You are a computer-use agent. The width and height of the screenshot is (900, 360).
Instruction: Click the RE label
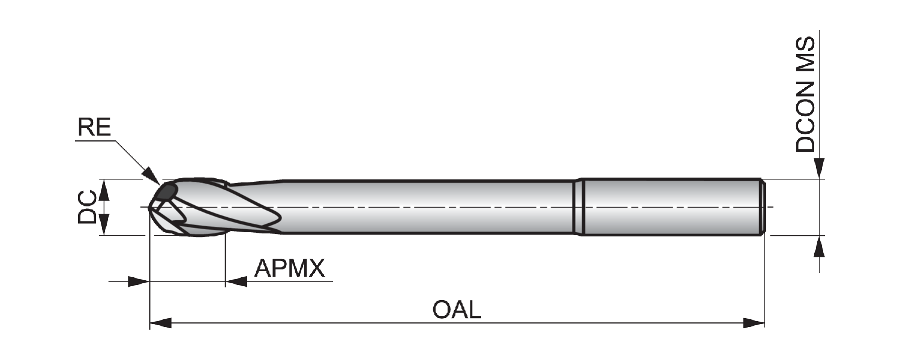coord(94,127)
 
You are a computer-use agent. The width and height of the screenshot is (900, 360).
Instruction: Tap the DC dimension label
coord(87,207)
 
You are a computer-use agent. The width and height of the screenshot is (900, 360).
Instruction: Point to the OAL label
coord(457,310)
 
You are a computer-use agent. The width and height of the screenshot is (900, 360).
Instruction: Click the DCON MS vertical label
coord(805,94)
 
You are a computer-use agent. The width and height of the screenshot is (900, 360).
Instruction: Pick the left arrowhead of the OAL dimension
coord(161,323)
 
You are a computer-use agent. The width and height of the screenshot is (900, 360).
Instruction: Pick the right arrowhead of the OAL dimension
coord(754,323)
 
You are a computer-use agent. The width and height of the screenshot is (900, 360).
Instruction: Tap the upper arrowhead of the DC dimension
coord(104,190)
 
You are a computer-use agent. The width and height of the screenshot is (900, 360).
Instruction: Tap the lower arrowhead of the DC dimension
coord(104,224)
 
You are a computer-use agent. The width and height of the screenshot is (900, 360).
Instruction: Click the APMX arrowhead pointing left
coord(236,281)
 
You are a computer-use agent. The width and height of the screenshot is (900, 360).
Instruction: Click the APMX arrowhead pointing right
coord(139,281)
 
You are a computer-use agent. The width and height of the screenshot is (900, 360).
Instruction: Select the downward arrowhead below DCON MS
coord(819,169)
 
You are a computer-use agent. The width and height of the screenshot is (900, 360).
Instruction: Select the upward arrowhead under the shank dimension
coord(819,246)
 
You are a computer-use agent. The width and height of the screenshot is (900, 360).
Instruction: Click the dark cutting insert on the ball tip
coord(166,192)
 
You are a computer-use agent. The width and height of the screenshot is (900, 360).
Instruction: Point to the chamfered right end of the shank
coord(763,208)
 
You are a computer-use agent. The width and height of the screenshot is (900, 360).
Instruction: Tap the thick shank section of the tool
coord(671,208)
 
